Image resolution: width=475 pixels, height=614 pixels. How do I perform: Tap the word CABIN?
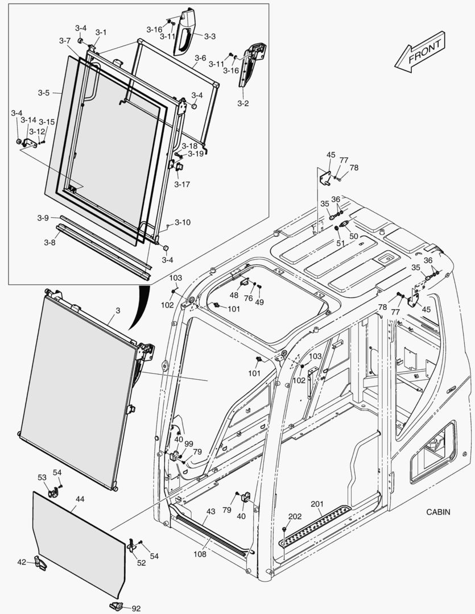438,512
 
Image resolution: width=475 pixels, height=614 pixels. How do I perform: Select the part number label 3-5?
44,92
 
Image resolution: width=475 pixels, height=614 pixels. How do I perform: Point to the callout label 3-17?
182,184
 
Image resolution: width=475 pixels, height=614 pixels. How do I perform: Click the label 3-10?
182,222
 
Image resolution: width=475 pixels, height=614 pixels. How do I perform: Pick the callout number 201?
317,503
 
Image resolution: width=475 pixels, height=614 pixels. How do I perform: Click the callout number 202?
295,516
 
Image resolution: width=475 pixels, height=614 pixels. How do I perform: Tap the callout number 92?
136,608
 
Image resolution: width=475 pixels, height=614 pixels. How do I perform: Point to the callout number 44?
80,499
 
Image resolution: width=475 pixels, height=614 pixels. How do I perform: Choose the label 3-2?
243,103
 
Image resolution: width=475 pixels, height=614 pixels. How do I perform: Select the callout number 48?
234,295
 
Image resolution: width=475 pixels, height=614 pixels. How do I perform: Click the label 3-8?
49,242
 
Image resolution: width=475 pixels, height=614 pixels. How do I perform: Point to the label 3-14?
28,121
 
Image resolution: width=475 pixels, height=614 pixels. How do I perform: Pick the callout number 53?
42,477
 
